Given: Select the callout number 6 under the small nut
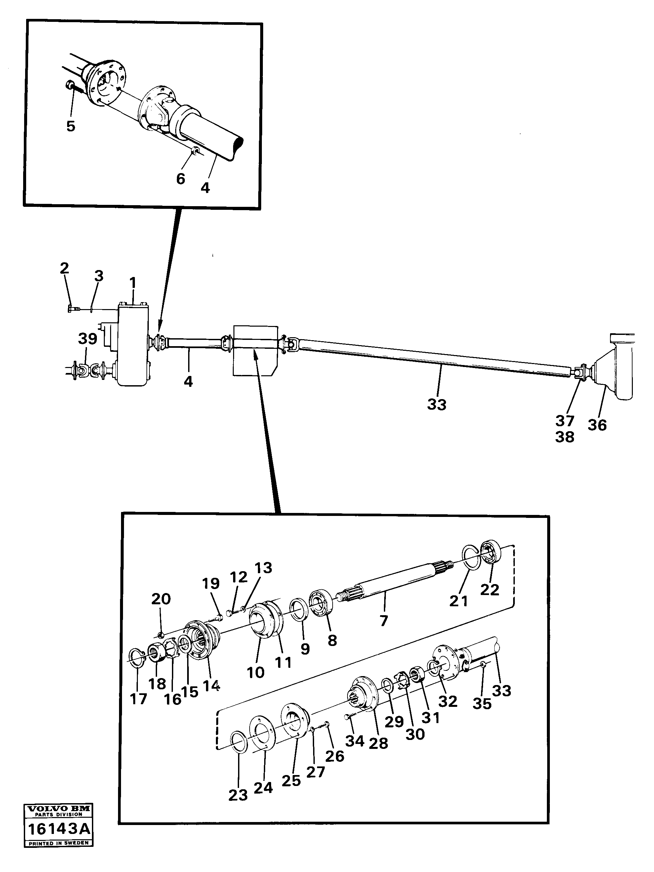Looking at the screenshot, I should [x=181, y=179].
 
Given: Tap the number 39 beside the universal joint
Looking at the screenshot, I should [x=88, y=339].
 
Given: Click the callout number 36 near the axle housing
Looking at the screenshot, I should [x=597, y=425].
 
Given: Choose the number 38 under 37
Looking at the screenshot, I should [x=565, y=437].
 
